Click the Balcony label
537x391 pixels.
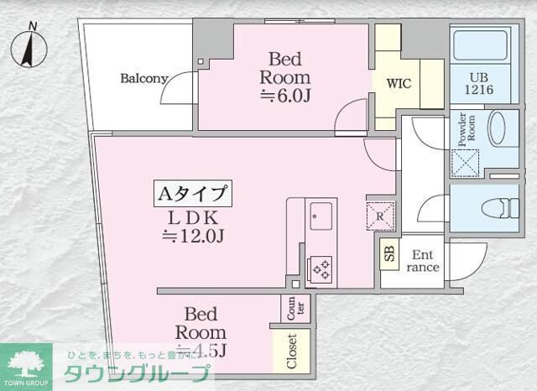coord(144,79)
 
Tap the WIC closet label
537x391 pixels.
coord(396,84)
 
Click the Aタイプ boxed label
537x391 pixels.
coord(192,194)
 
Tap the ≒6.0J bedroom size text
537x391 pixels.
coord(285,95)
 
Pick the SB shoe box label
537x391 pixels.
coord(388,253)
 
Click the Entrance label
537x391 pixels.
coord(422,261)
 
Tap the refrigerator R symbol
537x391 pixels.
coord(379,216)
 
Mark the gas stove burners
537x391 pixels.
coord(321,268)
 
